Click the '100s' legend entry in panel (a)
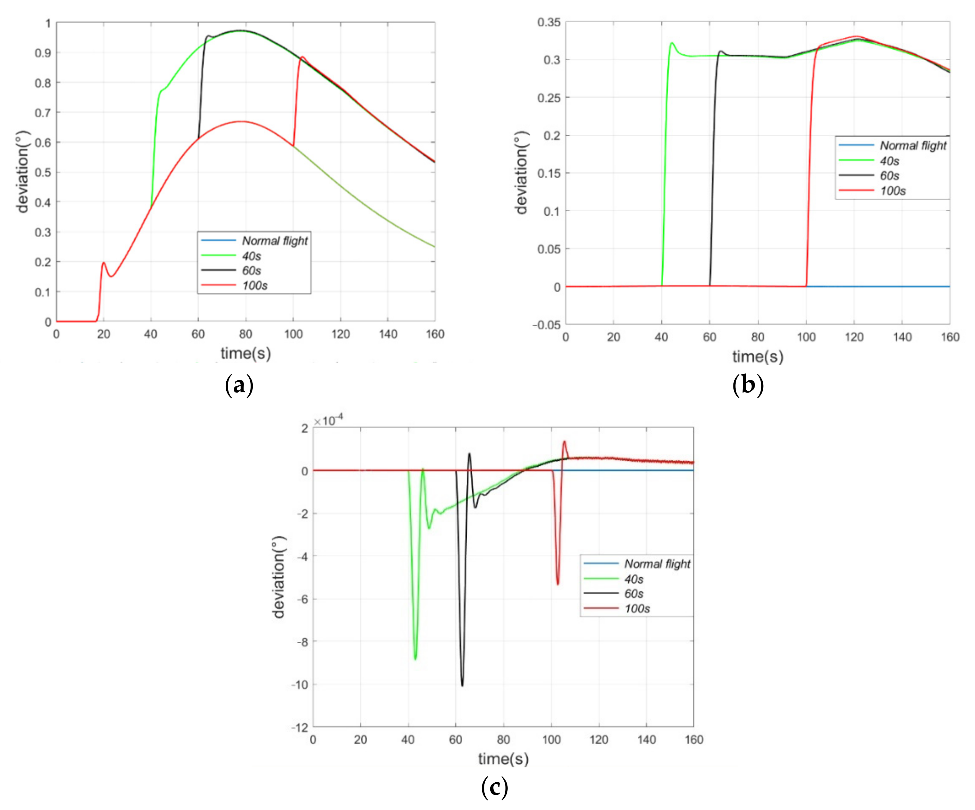coord(254,285)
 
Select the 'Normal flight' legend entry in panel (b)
coord(912,145)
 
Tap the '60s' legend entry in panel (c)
coord(633,594)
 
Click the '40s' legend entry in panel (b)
coord(889,161)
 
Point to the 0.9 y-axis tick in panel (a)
coord(43,53)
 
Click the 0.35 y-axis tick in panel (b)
coord(548,22)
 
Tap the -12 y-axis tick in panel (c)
coord(299,727)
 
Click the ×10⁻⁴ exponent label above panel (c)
coord(328,420)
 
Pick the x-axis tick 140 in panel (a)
coord(388,334)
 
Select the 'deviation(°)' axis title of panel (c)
coord(279,577)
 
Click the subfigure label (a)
coord(239,385)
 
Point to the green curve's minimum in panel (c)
coord(415,658)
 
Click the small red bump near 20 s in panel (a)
coord(104,263)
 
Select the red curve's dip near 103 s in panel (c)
coord(557,584)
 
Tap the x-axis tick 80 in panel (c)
coord(503,739)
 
